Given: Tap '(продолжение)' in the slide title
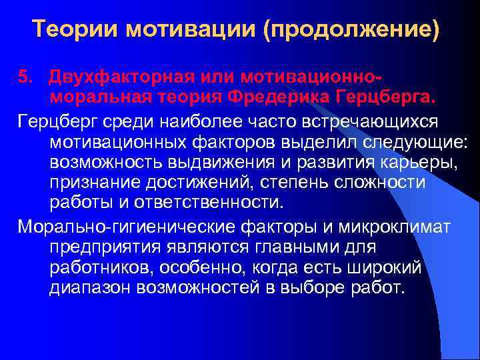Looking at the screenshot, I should [x=352, y=29].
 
